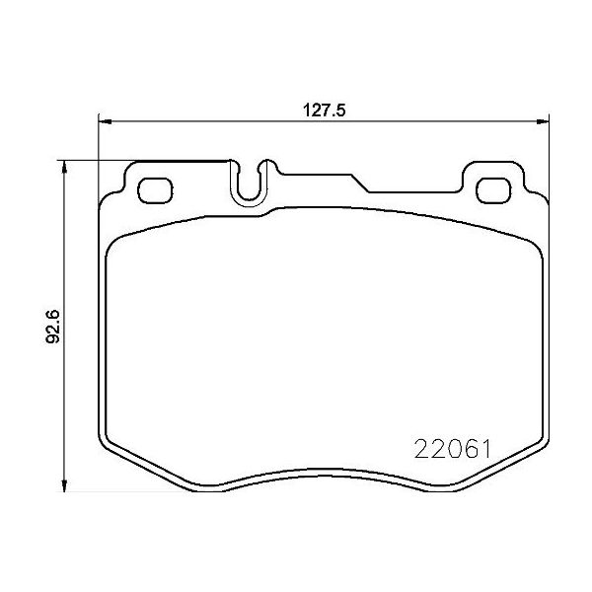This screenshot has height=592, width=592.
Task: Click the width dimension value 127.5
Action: pos(324,111)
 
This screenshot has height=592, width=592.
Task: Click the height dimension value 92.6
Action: pos(53,327)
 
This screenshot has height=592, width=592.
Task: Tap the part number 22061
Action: pos(453,449)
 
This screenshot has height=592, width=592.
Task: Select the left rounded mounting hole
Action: pos(156,189)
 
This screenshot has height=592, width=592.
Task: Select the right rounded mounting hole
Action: pos(493,190)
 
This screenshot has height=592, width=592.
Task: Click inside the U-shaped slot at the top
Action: pos(249,185)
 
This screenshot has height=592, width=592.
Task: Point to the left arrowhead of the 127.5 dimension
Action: pos(105,121)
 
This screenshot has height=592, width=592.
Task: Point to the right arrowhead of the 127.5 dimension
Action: pos(543,121)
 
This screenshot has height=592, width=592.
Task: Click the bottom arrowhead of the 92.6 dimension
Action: pos(64,484)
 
